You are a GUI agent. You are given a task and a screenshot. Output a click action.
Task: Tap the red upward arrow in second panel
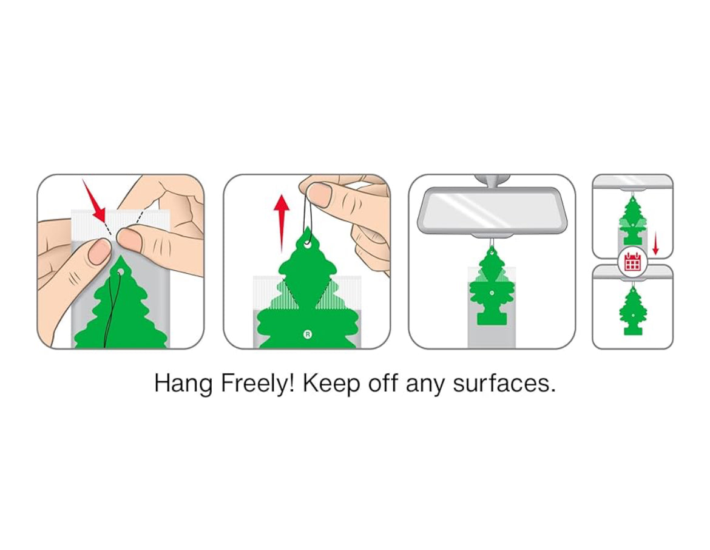pyautogui.click(x=281, y=223)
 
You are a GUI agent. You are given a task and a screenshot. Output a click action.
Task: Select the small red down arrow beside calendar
pyautogui.click(x=655, y=243)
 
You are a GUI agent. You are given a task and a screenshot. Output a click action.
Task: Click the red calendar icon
pyautogui.click(x=632, y=262)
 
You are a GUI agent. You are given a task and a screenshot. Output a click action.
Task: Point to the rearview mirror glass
pyautogui.click(x=492, y=210)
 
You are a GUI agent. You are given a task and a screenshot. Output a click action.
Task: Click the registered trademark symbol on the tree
pyautogui.click(x=308, y=335)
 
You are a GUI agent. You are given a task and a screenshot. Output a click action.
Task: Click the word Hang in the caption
pyautogui.click(x=183, y=384)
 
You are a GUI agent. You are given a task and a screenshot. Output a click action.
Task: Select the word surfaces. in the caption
pyautogui.click(x=504, y=384)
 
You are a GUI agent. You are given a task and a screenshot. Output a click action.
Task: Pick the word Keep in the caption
pyautogui.click(x=331, y=384)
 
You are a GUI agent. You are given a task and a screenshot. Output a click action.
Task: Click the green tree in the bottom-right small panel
pyautogui.click(x=632, y=311)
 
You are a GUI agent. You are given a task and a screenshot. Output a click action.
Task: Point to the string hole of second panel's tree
pyautogui.click(x=308, y=245)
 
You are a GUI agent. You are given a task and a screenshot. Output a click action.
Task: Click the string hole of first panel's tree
pyautogui.click(x=120, y=272)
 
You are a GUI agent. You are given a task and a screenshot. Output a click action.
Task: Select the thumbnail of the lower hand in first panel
pyautogui.click(x=98, y=251)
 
